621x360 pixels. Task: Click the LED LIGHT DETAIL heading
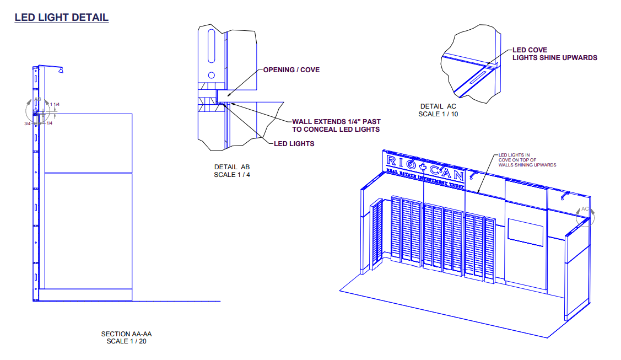click(x=61, y=18)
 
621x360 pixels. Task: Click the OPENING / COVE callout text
click(x=291, y=70)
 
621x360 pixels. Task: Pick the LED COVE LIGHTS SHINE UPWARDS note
click(x=554, y=54)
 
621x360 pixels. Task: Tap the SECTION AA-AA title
click(x=126, y=334)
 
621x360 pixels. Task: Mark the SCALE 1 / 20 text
click(x=126, y=341)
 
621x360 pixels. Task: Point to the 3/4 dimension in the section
click(x=26, y=123)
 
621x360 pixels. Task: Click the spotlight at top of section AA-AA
click(x=60, y=69)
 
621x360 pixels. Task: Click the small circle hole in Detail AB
click(x=210, y=75)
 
